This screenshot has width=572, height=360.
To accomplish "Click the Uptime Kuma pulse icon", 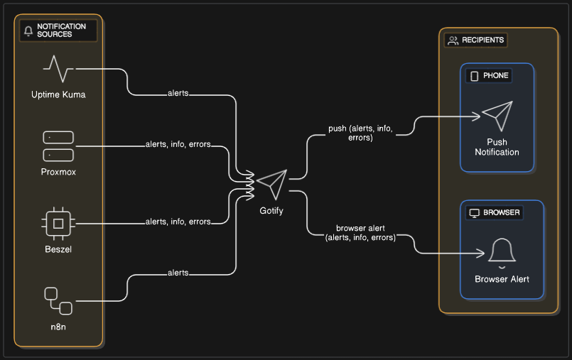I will [58, 69].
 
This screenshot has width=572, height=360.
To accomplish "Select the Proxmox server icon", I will [58, 146].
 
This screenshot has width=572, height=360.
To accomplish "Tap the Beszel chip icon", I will [58, 224].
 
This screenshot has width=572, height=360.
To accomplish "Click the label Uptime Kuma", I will [58, 94].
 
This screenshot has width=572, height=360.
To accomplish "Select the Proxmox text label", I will [58, 172].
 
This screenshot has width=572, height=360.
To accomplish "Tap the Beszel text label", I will [58, 249].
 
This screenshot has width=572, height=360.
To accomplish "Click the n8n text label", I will [58, 327].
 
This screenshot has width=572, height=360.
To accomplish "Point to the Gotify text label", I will [271, 211].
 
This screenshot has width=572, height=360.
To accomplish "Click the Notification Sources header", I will [58, 31].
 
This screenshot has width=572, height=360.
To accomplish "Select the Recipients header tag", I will [476, 40].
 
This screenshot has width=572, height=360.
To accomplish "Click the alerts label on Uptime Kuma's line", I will [178, 93].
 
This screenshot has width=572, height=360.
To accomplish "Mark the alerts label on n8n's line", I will [178, 273].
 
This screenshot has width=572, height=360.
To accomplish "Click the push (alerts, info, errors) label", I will [360, 133].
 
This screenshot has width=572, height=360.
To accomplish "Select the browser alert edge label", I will [361, 233].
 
